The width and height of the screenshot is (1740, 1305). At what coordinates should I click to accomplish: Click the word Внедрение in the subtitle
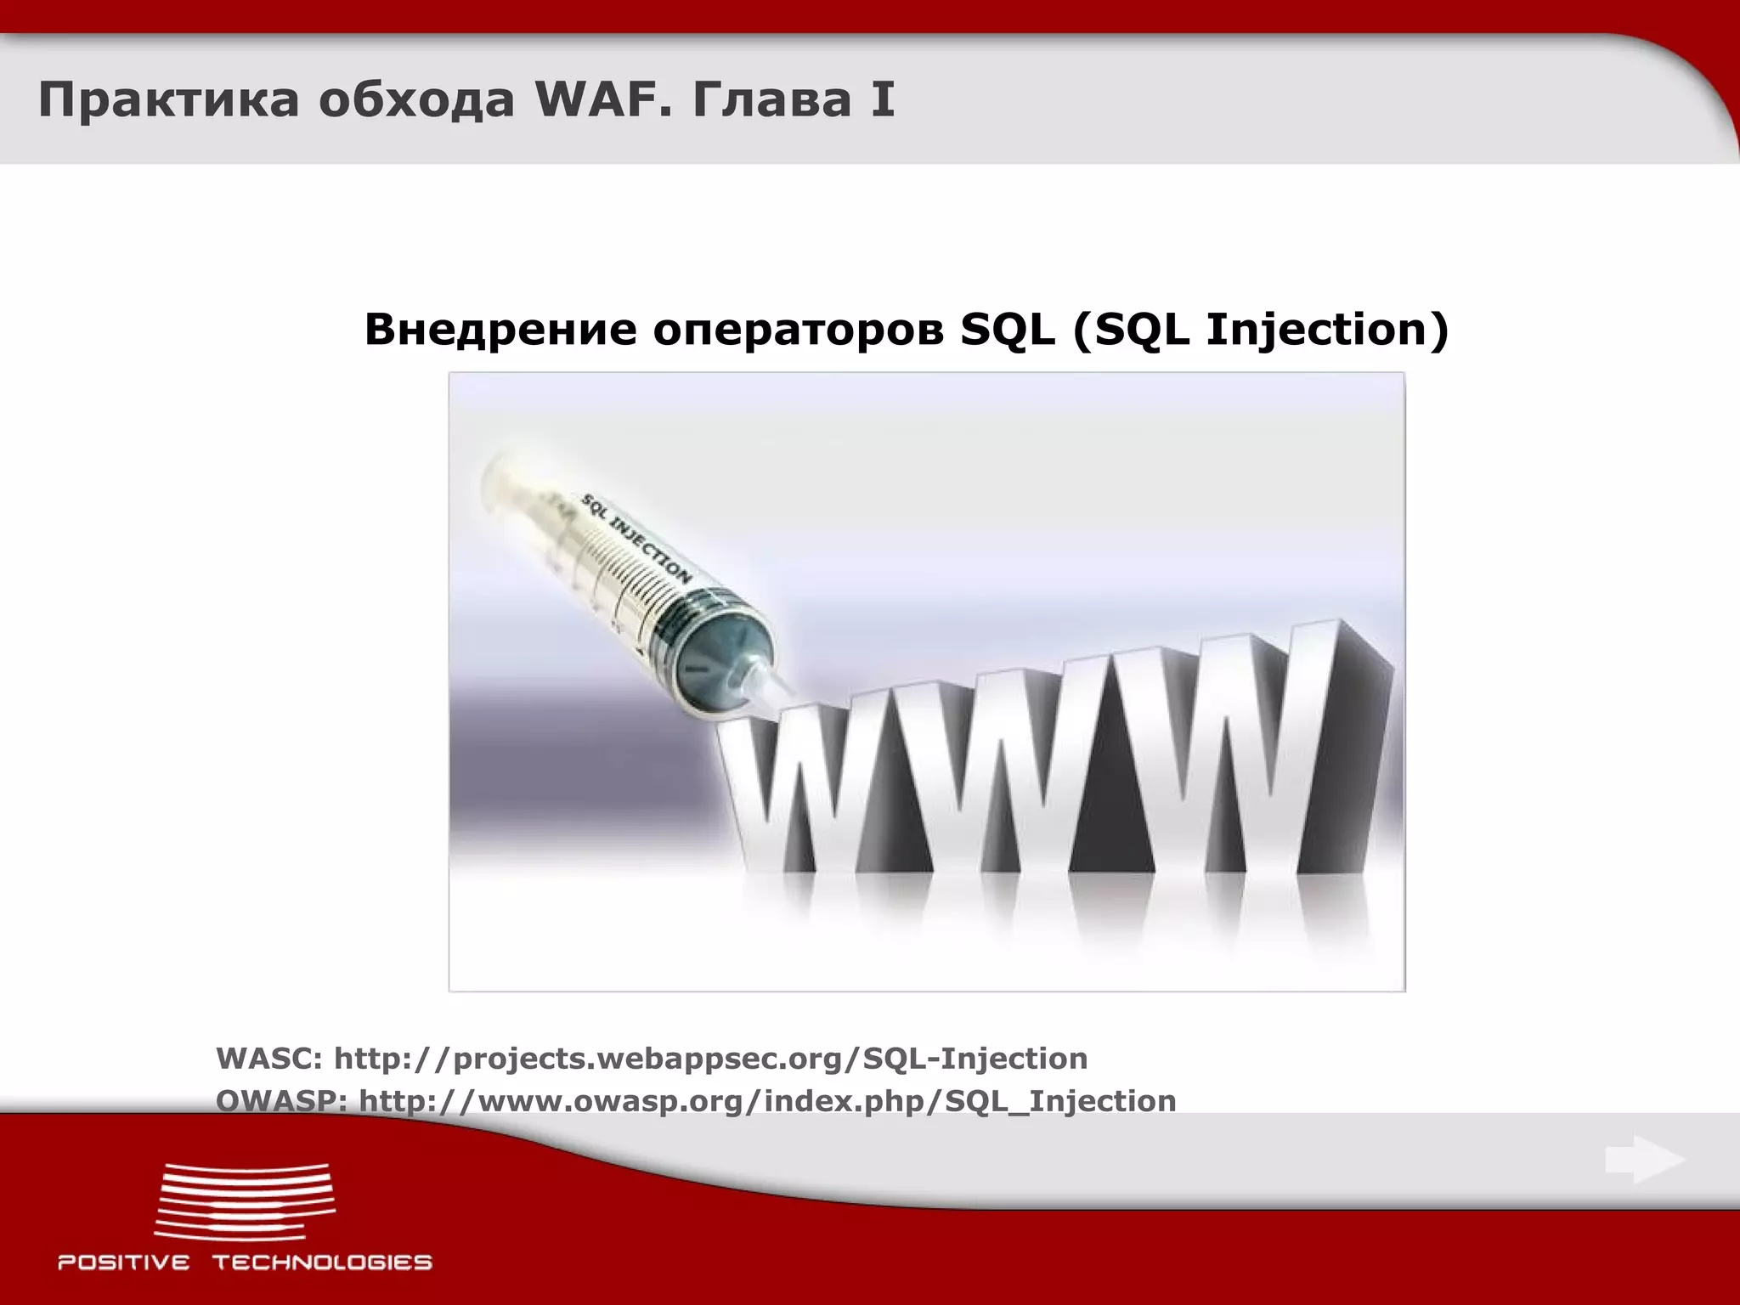click(500, 330)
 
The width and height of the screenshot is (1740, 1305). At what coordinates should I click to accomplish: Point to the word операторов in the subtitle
click(798, 330)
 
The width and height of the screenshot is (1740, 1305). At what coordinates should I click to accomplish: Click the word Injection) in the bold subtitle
click(1327, 330)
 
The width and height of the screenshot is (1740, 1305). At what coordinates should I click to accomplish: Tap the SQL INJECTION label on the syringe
click(636, 538)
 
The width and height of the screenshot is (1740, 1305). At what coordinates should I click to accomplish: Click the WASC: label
click(268, 1059)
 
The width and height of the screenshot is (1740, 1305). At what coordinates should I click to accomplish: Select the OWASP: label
click(281, 1101)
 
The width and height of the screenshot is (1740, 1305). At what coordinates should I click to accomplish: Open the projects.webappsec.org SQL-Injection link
click(710, 1059)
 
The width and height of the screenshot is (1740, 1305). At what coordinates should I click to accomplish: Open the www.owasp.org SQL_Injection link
click(766, 1101)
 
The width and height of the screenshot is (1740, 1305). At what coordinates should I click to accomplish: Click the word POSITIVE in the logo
click(124, 1263)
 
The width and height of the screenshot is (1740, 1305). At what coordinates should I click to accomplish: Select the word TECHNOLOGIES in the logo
click(323, 1263)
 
